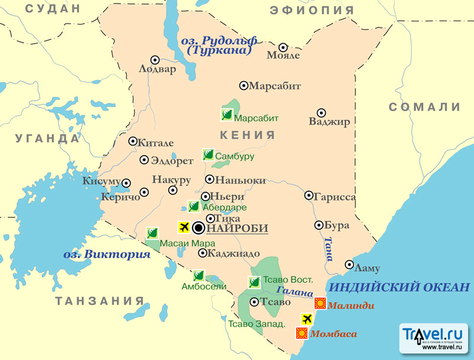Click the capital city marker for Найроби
click(x=198, y=228)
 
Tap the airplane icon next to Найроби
click(x=183, y=227)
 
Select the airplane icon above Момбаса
click(x=306, y=320)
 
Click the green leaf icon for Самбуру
click(x=208, y=155)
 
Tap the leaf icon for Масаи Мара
click(x=152, y=233)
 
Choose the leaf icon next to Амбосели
click(x=199, y=275)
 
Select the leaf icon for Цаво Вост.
click(x=254, y=282)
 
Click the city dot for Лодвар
click(x=155, y=59)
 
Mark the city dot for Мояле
click(x=283, y=47)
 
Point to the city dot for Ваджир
click(x=321, y=112)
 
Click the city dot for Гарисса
click(x=309, y=195)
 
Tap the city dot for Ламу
click(x=350, y=265)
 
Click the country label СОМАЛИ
click(x=424, y=107)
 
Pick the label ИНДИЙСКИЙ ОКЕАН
click(x=399, y=288)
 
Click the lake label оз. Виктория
click(x=107, y=255)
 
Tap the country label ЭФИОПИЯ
click(x=312, y=10)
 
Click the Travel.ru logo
click(x=435, y=339)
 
